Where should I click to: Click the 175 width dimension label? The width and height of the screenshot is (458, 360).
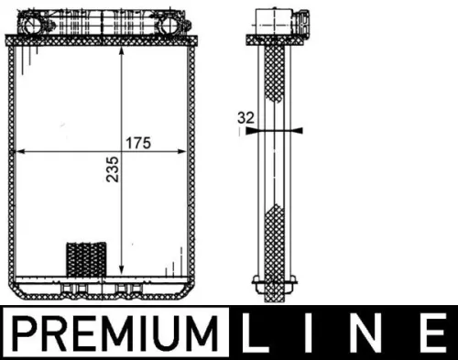tap(138, 142)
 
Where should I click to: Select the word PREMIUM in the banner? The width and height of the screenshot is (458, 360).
tap(118, 331)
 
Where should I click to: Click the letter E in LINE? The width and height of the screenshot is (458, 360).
tap(428, 331)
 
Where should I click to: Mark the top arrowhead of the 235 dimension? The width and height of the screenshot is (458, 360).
tap(122, 51)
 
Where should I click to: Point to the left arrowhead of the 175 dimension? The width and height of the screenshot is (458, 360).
tap(23, 150)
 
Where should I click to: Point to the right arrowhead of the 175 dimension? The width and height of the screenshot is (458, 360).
tap(188, 150)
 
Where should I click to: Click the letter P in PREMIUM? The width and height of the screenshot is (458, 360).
tap(27, 331)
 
